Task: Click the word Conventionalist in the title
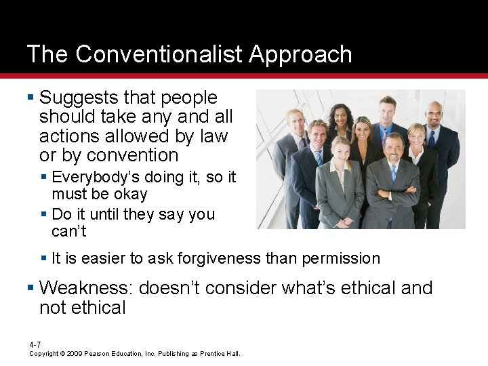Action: point(160,54)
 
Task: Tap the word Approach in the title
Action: point(301,55)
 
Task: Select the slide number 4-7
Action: point(35,345)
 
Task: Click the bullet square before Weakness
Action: point(31,289)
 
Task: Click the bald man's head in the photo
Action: point(434,111)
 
